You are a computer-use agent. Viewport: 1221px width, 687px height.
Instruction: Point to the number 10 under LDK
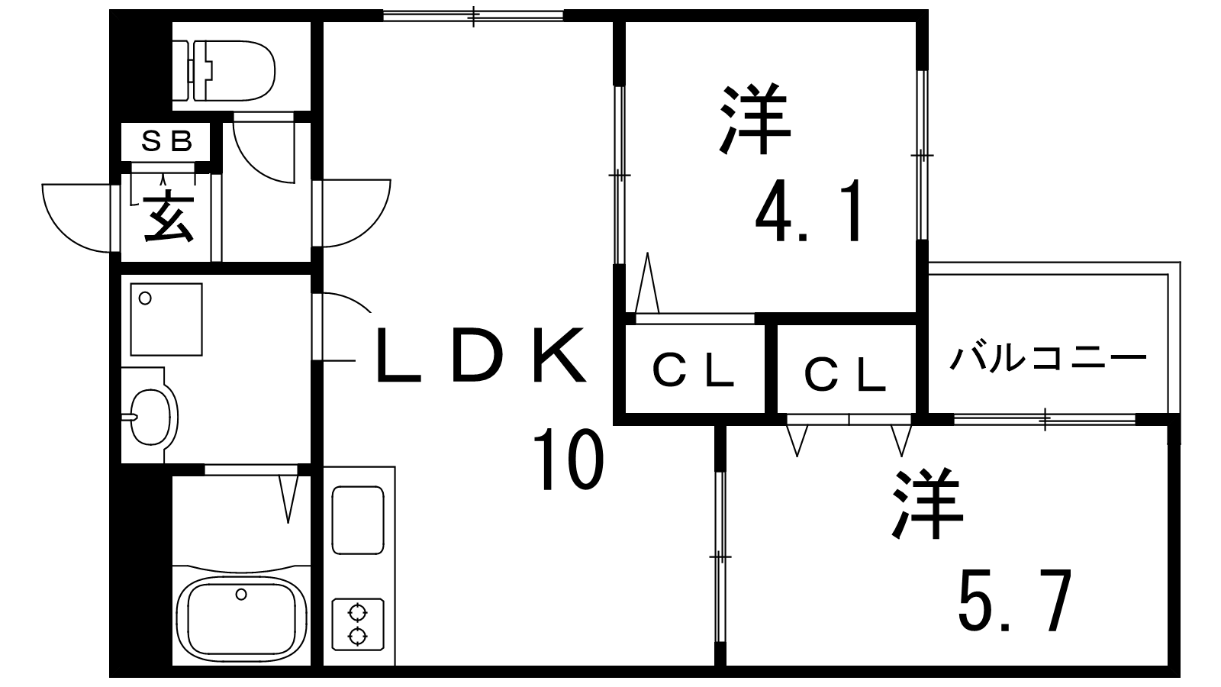coord(568,460)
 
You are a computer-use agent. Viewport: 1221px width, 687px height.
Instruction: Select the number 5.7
coord(1015,601)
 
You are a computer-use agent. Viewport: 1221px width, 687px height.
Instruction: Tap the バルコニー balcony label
coord(1048,357)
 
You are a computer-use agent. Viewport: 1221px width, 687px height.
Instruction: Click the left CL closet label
coord(693,373)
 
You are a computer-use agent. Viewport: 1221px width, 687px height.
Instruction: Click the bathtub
coord(241,614)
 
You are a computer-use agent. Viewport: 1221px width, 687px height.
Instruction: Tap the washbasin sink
coord(153,417)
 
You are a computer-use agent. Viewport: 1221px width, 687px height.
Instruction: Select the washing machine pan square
coord(166,319)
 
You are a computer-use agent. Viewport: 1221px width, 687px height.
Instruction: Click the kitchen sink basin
coord(358,521)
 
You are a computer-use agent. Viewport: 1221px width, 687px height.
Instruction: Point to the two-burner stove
coord(357,624)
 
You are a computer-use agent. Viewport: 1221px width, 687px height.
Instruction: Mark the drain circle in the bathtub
coord(241,594)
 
